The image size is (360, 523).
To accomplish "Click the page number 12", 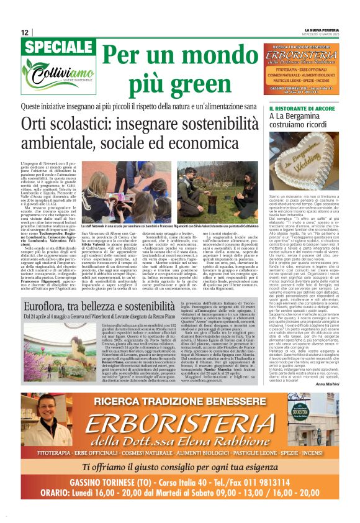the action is coord(24,32).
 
